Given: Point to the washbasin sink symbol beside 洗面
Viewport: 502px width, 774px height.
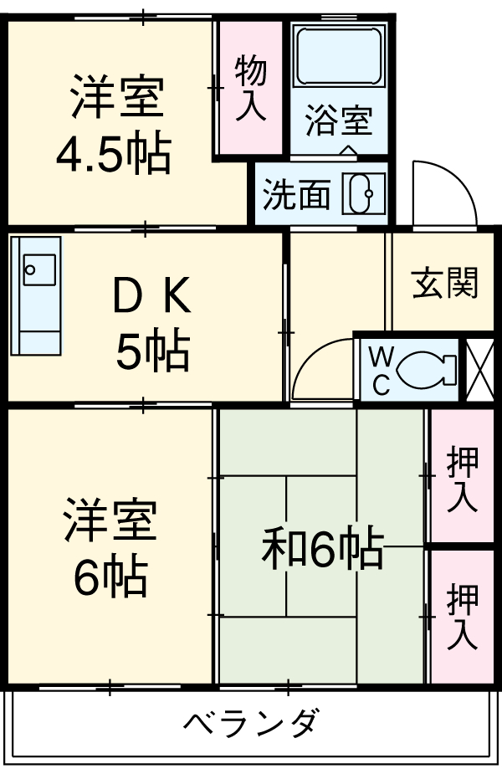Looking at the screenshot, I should [366, 195].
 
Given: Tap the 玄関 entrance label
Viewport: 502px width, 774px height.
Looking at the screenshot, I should [444, 284].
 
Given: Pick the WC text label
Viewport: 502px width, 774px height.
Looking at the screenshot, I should [381, 369].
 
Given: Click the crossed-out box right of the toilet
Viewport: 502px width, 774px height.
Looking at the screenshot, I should [480, 369].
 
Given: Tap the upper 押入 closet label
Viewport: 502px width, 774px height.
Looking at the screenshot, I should [462, 479].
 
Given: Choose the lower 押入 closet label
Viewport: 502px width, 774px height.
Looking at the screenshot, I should [462, 617].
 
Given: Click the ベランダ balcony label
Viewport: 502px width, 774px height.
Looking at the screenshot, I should [250, 722].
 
